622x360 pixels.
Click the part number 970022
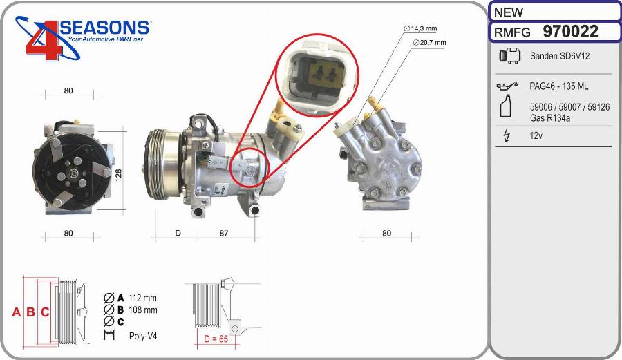(x=570, y=31)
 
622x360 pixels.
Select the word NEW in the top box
(x=508, y=12)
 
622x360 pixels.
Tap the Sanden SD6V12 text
(x=559, y=56)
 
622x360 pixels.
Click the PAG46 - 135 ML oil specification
(x=558, y=86)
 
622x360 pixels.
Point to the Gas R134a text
(x=550, y=117)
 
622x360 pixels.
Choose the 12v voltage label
(x=536, y=135)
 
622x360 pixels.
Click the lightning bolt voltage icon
(x=506, y=135)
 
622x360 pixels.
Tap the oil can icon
(x=507, y=86)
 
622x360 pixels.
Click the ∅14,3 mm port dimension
(x=420, y=28)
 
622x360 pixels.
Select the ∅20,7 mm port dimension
(x=429, y=42)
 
